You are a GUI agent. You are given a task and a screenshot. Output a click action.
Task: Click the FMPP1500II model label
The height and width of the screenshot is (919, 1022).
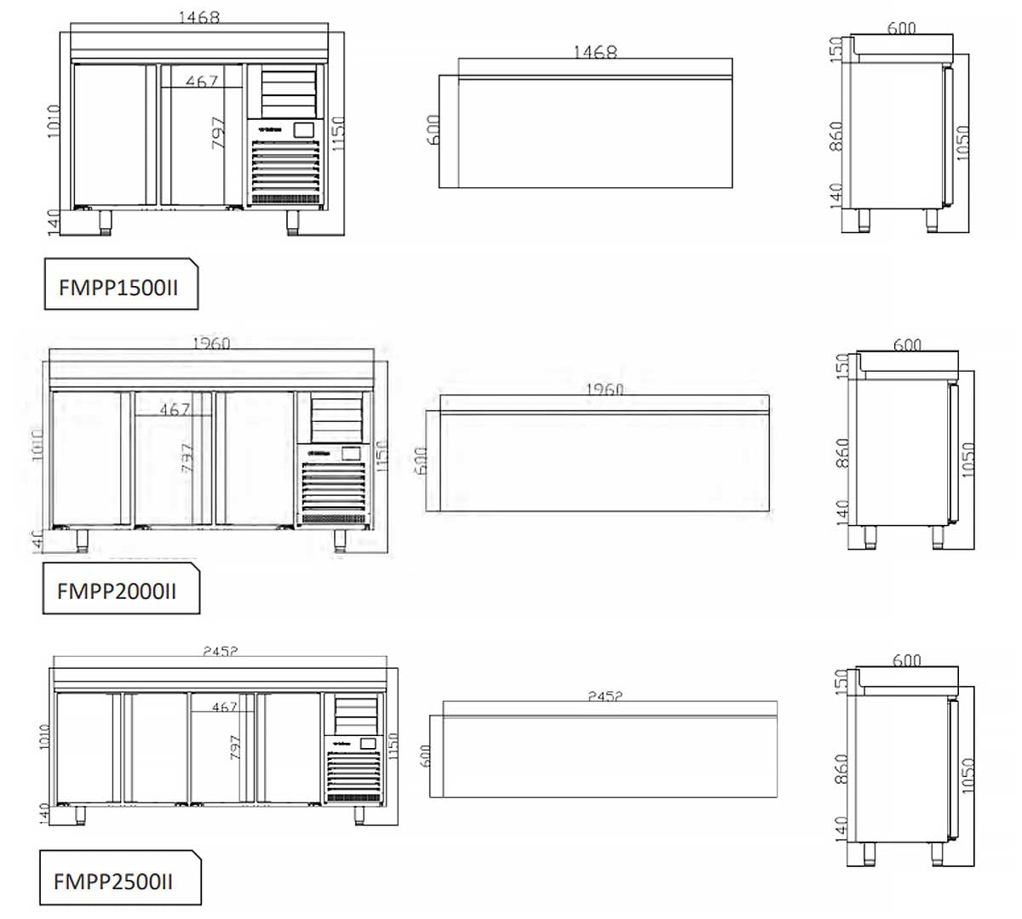(118, 287)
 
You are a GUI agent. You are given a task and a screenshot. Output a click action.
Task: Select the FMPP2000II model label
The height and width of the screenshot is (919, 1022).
(117, 591)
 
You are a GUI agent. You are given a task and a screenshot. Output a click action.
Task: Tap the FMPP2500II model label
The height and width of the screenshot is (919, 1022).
(113, 881)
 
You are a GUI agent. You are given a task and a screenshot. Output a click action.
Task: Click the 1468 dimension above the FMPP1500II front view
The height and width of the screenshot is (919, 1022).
(199, 17)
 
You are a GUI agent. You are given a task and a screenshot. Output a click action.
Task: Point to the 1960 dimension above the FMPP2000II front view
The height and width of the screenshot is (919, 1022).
(211, 344)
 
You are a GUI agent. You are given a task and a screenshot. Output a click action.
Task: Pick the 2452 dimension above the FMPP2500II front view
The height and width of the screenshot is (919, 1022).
(221, 651)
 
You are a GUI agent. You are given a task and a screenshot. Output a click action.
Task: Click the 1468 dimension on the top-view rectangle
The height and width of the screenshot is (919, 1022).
(594, 53)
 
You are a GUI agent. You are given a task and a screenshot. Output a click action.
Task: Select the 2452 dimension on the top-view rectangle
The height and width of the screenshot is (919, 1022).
(605, 696)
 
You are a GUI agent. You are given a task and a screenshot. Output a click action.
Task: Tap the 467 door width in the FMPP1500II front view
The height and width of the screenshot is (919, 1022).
(202, 81)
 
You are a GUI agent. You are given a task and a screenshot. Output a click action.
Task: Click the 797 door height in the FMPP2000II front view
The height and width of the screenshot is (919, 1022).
(187, 457)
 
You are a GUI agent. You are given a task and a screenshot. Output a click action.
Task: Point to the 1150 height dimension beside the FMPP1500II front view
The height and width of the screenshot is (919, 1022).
(337, 134)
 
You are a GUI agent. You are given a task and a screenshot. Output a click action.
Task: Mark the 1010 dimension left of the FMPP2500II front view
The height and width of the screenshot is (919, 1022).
(45, 737)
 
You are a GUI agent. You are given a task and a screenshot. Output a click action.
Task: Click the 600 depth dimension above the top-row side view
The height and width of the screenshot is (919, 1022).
(901, 28)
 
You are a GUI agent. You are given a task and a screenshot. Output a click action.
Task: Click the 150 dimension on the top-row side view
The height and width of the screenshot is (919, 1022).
(836, 49)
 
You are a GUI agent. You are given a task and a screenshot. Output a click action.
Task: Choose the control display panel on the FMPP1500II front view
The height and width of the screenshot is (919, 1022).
(303, 130)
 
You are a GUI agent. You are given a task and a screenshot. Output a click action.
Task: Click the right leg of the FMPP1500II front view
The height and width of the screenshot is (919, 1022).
(293, 221)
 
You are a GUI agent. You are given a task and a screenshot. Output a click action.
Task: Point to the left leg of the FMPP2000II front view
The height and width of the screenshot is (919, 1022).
(84, 540)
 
